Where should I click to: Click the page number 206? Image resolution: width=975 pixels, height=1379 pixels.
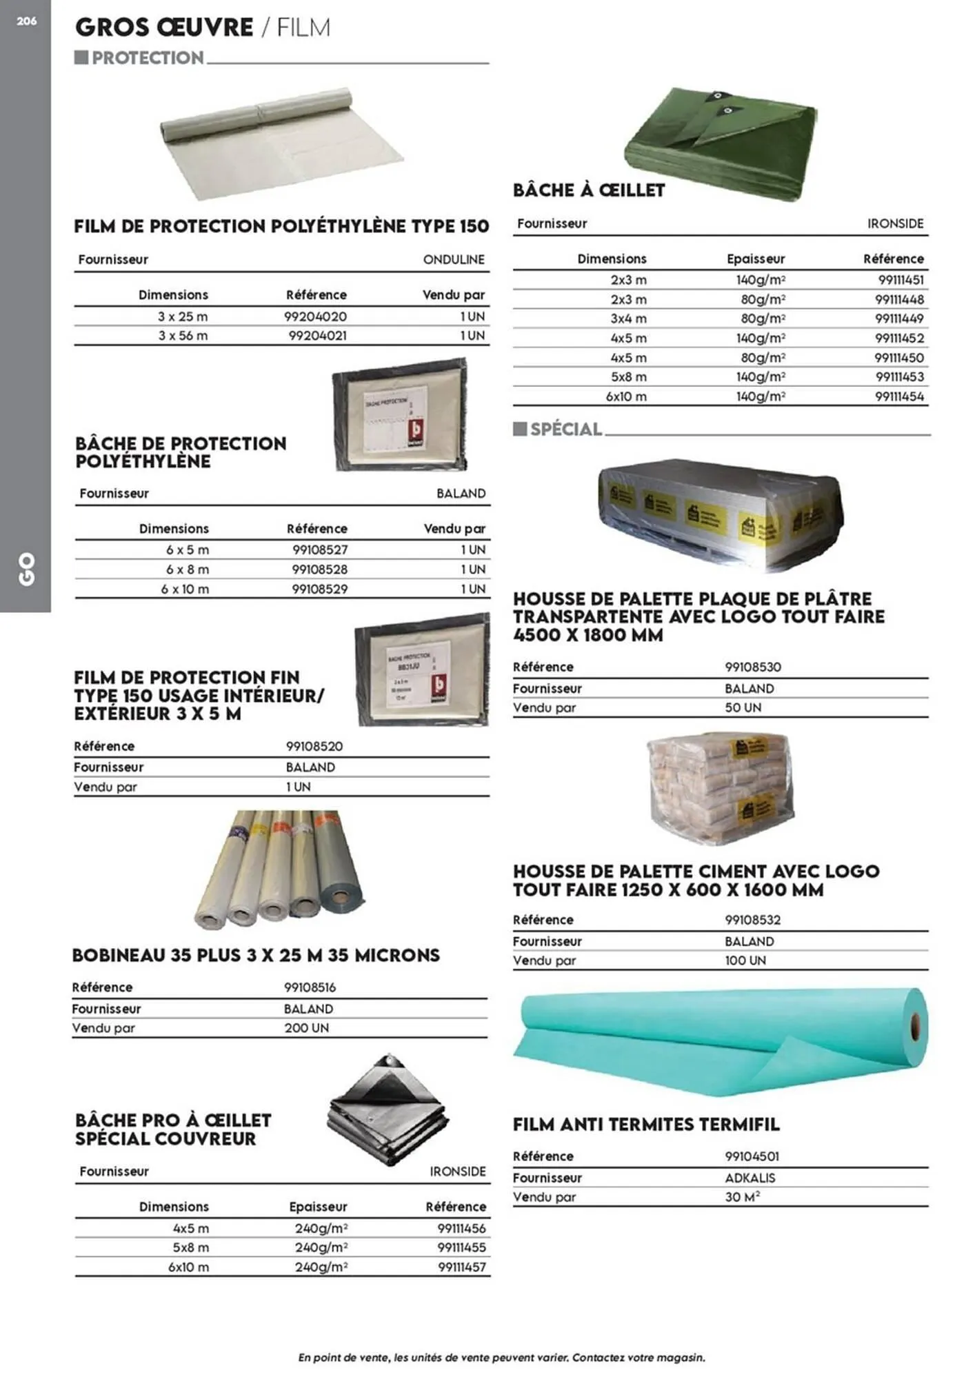coord(26,21)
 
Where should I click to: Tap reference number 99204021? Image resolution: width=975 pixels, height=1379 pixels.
coord(317,336)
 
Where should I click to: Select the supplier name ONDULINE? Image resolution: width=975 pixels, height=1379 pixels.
coord(454,260)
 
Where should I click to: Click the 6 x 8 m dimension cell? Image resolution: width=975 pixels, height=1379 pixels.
coord(187,570)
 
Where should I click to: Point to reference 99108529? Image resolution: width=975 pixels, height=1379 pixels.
coord(319,590)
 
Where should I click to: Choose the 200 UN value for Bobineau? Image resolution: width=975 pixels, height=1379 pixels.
coord(306,1028)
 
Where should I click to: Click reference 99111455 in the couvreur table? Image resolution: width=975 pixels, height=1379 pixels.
coord(461,1247)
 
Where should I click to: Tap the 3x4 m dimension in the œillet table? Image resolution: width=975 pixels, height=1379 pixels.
coord(628,319)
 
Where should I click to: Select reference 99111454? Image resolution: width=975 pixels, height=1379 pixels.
coord(899,396)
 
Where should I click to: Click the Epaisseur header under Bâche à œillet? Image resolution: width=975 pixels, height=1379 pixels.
coord(756,259)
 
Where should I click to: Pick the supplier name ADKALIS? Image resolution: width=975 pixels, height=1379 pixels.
coord(750,1178)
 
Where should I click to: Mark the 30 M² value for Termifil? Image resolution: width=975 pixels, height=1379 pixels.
coord(742,1198)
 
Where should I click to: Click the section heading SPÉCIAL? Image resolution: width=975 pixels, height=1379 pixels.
coord(566,430)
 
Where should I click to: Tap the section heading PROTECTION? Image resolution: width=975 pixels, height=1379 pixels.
coord(148,59)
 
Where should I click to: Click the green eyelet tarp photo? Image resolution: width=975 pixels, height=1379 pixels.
coord(721,143)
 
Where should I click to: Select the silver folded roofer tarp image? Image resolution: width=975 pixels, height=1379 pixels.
coord(388,1111)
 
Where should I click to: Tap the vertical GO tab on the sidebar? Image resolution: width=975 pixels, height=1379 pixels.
coord(26,569)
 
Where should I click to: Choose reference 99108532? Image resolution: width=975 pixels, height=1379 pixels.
coord(752,920)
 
